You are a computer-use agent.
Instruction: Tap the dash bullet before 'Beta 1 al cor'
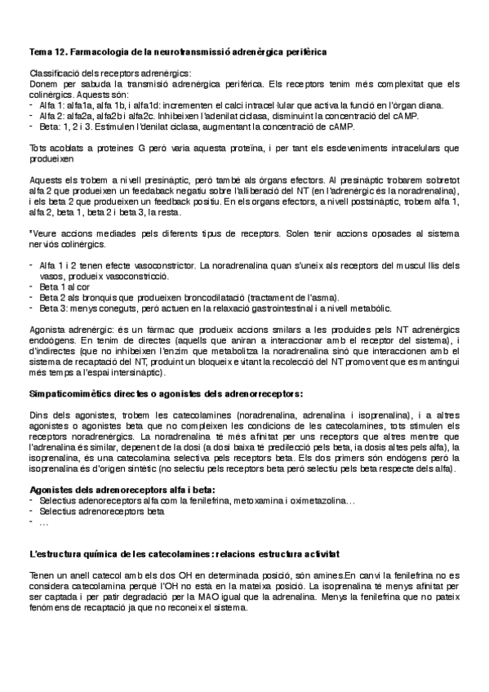pyautogui.click(x=31, y=286)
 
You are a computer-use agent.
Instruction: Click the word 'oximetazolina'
pyautogui.click(x=330, y=500)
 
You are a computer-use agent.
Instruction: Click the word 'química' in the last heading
pyautogui.click(x=98, y=552)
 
